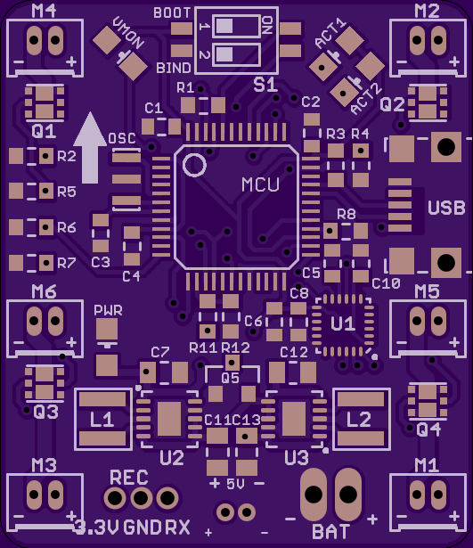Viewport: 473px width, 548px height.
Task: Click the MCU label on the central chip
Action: [260, 184]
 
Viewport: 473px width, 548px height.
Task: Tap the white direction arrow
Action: [90, 148]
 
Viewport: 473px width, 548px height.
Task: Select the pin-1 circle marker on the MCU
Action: [194, 165]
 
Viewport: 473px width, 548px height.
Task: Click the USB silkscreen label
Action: [446, 208]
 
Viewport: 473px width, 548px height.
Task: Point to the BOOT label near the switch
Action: [172, 13]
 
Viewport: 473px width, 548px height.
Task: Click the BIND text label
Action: [174, 68]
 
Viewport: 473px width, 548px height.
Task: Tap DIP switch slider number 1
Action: [224, 26]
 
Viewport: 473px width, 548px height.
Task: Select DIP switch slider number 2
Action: [224, 54]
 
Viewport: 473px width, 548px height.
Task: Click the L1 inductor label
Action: [102, 420]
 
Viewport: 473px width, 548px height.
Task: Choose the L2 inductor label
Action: [359, 420]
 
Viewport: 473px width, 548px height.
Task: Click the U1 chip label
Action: [343, 324]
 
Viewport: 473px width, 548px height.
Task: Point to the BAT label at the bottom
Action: [330, 531]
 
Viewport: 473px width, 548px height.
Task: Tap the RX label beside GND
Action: [177, 528]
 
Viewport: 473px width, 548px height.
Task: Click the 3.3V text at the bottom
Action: [97, 528]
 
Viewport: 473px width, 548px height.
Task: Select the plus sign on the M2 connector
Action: [454, 61]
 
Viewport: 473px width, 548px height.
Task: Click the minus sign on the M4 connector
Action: [19, 62]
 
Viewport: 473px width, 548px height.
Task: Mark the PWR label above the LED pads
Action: [108, 310]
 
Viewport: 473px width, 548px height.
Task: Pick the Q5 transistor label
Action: [230, 378]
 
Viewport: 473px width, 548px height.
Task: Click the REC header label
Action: [129, 477]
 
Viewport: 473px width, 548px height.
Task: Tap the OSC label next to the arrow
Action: [122, 138]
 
